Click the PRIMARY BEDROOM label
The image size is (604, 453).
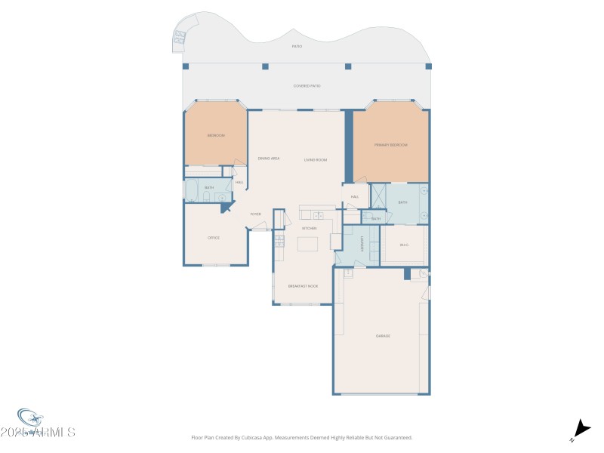(390, 144)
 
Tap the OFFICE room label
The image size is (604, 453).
(214, 238)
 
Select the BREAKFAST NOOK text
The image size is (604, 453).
(303, 286)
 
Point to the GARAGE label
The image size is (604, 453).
(383, 336)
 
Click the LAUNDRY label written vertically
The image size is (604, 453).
(362, 243)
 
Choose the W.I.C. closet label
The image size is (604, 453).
(404, 244)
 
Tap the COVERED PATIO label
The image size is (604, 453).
(307, 86)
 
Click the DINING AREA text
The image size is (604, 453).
(269, 159)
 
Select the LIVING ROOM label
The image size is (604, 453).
(315, 159)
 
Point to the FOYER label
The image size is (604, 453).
(256, 214)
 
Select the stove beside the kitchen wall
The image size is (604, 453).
(279, 242)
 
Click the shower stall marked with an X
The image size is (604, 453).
(377, 195)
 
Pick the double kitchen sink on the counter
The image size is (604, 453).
(319, 215)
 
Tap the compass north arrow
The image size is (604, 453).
(580, 427)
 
